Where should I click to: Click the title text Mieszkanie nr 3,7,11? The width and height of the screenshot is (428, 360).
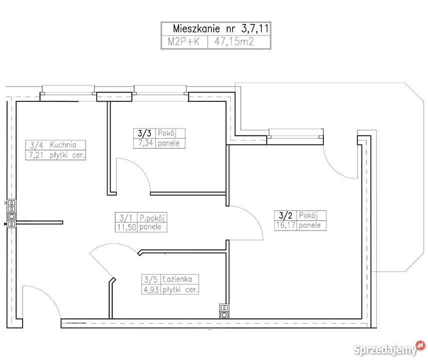(221, 28)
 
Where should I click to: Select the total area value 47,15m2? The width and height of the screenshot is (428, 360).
(234, 41)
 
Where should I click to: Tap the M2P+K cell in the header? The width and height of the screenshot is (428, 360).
(183, 41)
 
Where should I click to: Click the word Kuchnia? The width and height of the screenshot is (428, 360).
(63, 145)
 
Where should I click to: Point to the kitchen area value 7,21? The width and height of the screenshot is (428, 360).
(36, 155)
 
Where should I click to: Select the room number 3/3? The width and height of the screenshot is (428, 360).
(144, 133)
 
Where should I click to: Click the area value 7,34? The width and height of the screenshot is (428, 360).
(146, 143)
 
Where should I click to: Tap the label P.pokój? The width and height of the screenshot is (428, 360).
(152, 217)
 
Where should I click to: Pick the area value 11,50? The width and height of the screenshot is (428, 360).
(126, 227)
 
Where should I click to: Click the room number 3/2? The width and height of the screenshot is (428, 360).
(285, 215)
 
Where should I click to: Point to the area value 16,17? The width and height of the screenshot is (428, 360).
(285, 225)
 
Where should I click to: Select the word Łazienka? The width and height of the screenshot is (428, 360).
(177, 279)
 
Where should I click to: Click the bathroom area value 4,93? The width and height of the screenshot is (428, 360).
(151, 289)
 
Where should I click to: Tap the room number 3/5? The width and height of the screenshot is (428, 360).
(151, 279)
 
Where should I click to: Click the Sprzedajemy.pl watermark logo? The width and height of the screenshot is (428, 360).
(389, 348)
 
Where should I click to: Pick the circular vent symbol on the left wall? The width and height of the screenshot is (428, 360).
(12, 216)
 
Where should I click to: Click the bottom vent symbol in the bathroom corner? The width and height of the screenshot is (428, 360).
(224, 315)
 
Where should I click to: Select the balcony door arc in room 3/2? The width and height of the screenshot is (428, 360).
(336, 167)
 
